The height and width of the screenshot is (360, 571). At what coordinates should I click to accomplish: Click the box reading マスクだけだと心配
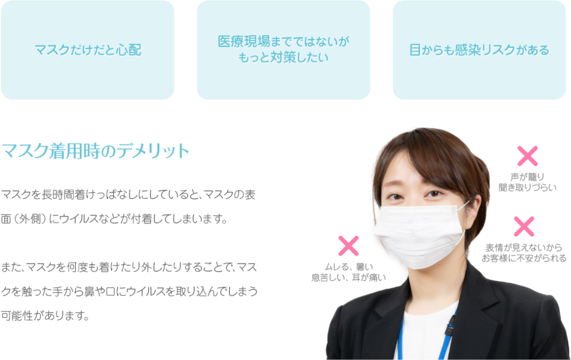coord(88,50)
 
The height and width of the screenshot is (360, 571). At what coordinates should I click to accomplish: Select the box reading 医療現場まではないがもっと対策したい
coord(283,50)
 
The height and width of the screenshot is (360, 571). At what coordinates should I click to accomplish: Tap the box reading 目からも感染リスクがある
coord(480,50)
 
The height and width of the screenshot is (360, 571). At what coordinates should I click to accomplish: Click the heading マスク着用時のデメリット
coord(96,152)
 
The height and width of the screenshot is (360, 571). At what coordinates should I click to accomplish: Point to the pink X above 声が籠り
coord(527,156)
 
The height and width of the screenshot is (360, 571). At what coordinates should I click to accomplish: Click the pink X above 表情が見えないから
coord(524,226)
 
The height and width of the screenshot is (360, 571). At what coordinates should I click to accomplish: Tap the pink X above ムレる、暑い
coord(349,246)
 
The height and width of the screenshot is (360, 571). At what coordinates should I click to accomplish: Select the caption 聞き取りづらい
coord(527,188)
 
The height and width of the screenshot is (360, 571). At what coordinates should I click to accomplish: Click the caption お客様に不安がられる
coord(524,258)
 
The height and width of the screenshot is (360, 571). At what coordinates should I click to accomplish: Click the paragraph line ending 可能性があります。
coord(46,317)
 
